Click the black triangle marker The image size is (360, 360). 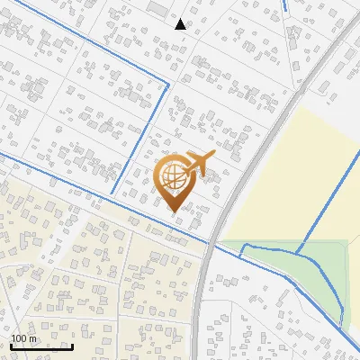coord(180,24)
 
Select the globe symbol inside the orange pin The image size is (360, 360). coord(173,176)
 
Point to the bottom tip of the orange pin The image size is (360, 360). coord(174,211)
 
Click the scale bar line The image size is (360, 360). coord(41,347)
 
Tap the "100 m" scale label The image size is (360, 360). coord(24,339)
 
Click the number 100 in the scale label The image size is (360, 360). coord(20,339)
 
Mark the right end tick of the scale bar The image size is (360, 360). coord(72,346)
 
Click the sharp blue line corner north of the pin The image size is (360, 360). coord(168,85)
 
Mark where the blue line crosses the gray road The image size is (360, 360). coord(213,243)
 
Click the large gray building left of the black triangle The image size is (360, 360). coord(158,8)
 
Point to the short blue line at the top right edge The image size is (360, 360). coord(285,4)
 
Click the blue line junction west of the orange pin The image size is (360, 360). coord(114,194)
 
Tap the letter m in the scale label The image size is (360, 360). coord(33,339)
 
